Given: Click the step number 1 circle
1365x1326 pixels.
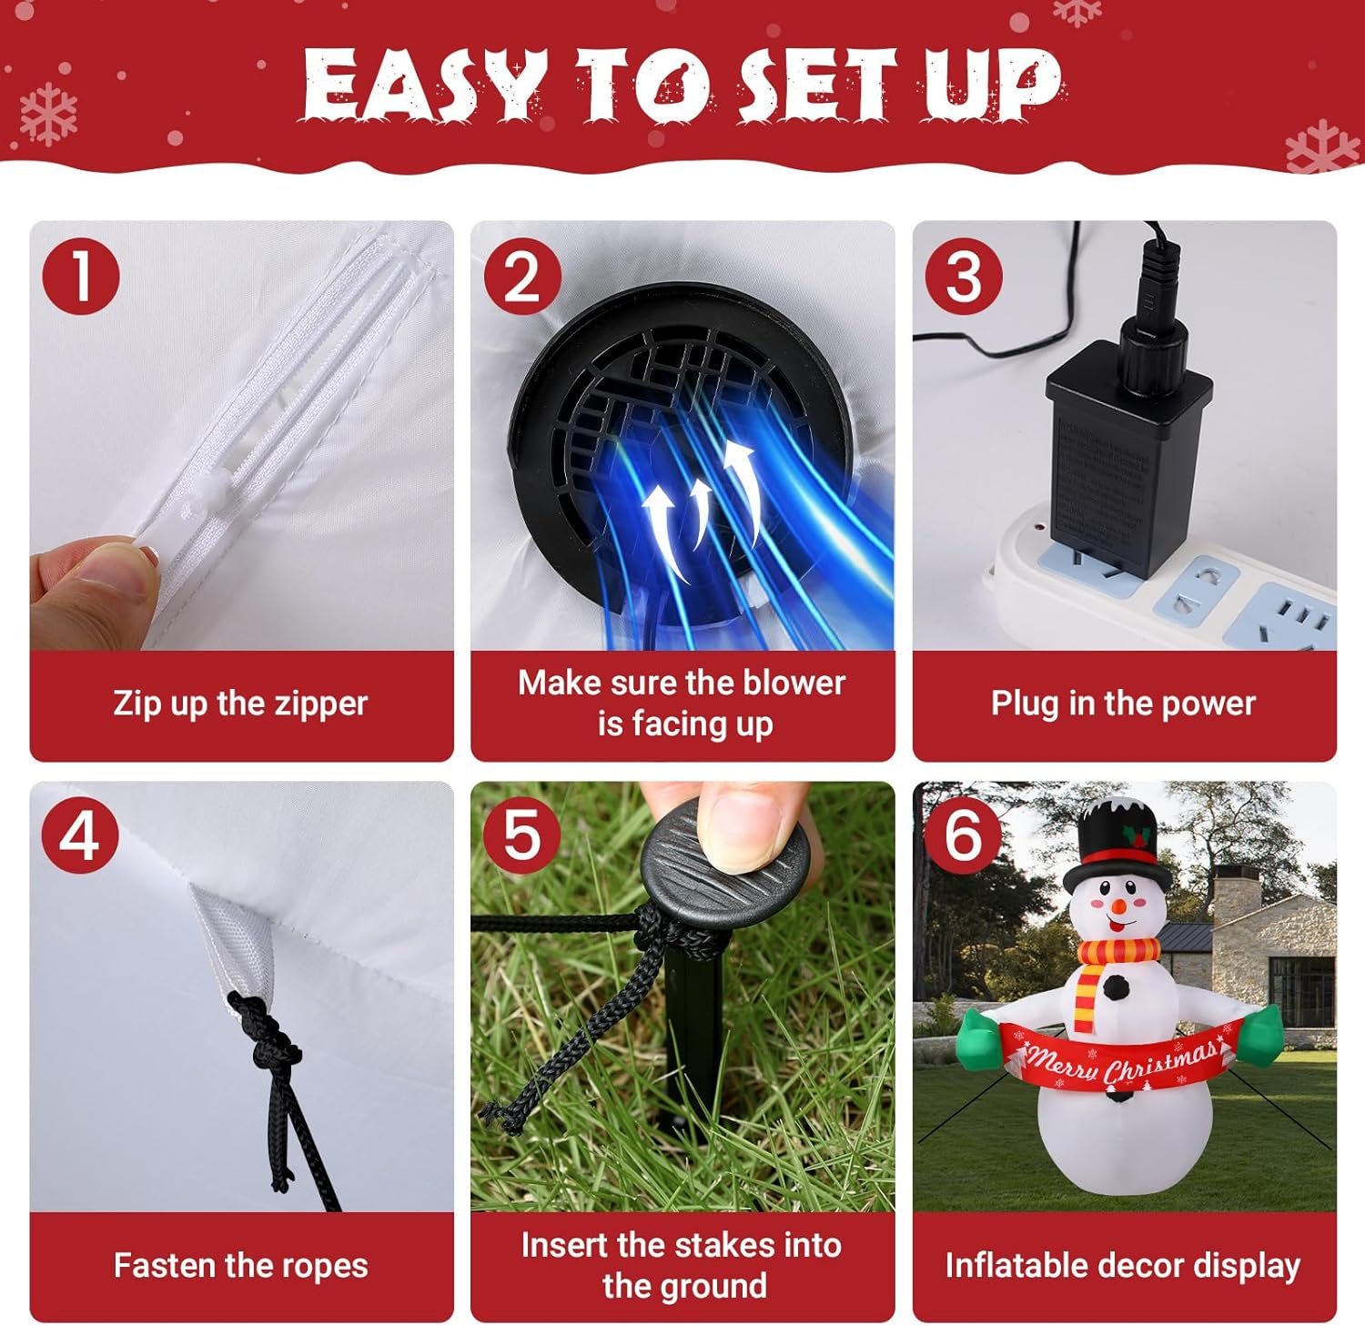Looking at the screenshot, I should pyautogui.click(x=81, y=276).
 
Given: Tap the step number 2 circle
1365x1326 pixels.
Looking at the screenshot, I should pyautogui.click(x=522, y=276).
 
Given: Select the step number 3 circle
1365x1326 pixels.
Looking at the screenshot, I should pyautogui.click(x=964, y=276).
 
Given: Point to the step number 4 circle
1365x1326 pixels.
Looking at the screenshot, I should pyautogui.click(x=81, y=835).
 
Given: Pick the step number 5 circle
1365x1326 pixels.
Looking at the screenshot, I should pyautogui.click(x=522, y=835).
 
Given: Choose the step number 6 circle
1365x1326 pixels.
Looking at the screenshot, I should pyautogui.click(x=964, y=835).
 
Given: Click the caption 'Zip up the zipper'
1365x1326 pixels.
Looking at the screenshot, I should pyautogui.click(x=240, y=703).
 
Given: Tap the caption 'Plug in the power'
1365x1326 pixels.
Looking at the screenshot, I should pyautogui.click(x=1123, y=703).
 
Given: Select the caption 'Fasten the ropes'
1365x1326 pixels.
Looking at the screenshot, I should pyautogui.click(x=240, y=1265).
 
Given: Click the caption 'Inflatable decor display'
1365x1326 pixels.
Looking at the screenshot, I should pyautogui.click(x=1123, y=1265).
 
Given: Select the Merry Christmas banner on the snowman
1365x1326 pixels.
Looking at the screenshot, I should pyautogui.click(x=1119, y=1060).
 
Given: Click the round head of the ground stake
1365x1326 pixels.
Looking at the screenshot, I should pyautogui.click(x=725, y=865).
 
